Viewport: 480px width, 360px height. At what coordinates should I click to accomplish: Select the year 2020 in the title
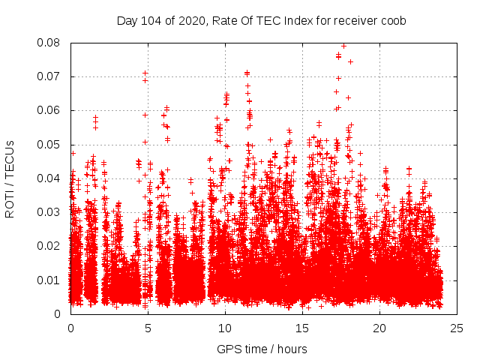pos(188,21)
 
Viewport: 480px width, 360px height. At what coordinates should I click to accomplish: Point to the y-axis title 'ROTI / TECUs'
pos(10,178)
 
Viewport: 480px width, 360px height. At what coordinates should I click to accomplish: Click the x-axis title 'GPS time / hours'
pos(262,349)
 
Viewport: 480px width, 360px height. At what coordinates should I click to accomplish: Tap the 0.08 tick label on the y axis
pos(49,43)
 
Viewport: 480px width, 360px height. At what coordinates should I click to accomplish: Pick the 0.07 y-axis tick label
pos(49,76)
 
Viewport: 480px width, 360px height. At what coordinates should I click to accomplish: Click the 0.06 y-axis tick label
pos(49,110)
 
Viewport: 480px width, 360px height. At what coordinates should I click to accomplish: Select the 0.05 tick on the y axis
pos(49,145)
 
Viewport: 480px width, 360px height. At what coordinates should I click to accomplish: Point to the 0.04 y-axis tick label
pos(49,178)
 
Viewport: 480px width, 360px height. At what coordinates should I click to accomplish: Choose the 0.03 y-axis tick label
pos(49,212)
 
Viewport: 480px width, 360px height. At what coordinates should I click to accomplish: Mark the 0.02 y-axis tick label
pos(49,246)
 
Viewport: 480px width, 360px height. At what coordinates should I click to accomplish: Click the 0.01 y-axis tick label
pos(49,280)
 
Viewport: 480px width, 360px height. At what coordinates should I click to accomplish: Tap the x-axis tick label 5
pos(148,328)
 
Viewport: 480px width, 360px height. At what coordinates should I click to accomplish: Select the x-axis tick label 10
pos(225,328)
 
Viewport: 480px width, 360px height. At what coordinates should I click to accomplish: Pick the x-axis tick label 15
pos(302,328)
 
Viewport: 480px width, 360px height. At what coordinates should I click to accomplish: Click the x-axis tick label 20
pos(379,328)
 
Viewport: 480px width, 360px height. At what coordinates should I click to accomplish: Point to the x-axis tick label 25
pos(457,328)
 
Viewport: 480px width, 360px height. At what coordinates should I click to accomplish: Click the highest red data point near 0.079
pos(343,46)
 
